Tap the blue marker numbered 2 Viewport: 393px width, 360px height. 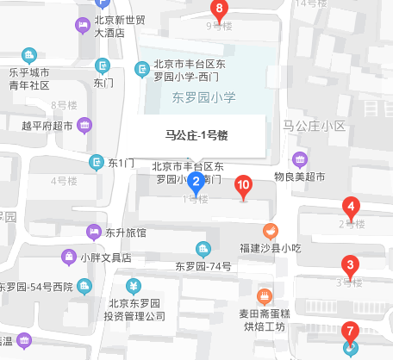196,182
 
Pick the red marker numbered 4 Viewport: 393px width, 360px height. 351,207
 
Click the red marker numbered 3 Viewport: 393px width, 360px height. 350,265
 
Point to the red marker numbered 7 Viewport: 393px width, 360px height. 350,330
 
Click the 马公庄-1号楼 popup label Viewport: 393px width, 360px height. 196,134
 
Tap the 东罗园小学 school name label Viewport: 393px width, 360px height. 203,97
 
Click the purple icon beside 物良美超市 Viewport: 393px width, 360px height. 300,158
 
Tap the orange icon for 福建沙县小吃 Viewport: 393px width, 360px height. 270,229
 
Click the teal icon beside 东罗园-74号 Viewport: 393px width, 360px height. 204,250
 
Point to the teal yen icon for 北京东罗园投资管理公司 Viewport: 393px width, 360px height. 134,286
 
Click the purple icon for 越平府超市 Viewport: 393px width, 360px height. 84,126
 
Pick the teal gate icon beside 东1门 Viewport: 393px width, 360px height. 96,161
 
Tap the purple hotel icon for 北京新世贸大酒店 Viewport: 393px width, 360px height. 82,26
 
